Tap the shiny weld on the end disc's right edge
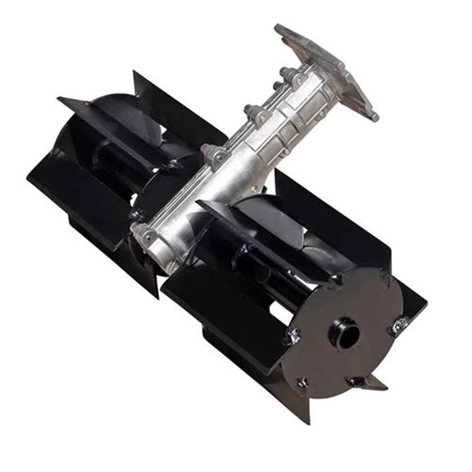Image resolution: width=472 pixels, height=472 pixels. tap(397, 326)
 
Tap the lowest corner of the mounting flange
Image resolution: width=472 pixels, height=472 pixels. tap(374, 118)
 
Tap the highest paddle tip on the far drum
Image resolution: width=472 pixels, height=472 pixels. tap(134, 73)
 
